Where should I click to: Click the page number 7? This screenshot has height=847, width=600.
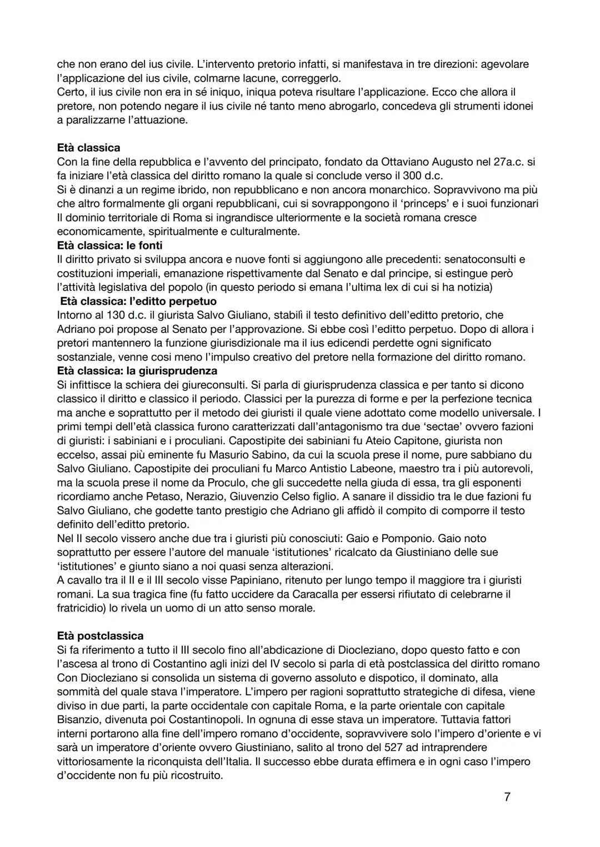507,797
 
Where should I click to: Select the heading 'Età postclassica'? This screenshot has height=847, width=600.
100,636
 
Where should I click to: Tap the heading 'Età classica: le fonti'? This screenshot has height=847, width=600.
109,245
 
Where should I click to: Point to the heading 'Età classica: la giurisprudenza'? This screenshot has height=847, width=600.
137,370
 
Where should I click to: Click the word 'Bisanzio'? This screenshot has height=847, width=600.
78,719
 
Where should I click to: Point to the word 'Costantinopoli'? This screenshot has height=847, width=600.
207,719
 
